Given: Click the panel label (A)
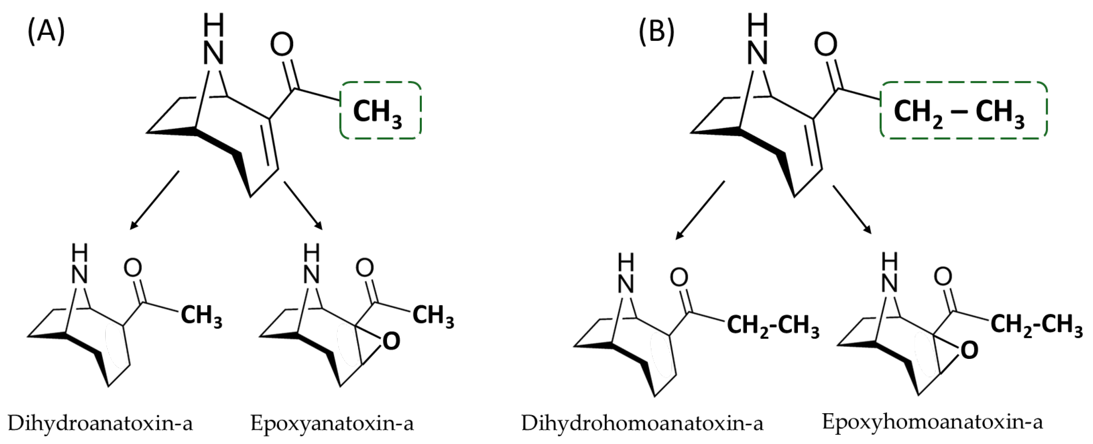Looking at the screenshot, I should [x=46, y=32].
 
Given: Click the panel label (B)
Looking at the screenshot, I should [x=656, y=32].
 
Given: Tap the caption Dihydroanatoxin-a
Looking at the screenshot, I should [x=100, y=423].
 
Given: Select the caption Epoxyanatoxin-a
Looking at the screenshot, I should [x=332, y=423].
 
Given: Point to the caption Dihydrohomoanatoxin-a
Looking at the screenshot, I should [x=642, y=423].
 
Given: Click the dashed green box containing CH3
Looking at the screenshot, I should [x=380, y=110].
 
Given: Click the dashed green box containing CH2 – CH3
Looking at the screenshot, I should [x=963, y=110].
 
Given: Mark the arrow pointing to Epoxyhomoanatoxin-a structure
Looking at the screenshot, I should [x=852, y=210].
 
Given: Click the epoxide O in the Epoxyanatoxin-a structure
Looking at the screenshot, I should [x=391, y=341].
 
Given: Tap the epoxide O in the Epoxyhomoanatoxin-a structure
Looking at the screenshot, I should [x=969, y=350].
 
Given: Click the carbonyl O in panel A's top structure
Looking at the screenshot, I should [x=282, y=45].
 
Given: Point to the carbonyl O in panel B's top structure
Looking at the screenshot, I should [x=826, y=45].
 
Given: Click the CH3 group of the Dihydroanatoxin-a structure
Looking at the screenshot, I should [x=202, y=316].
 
